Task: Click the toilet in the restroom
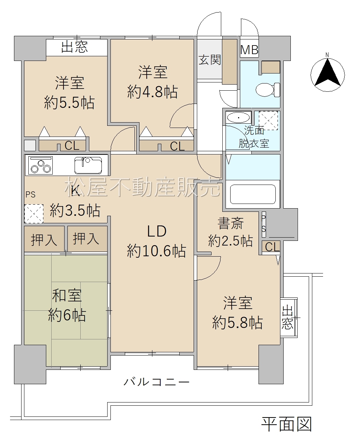coord(267,90)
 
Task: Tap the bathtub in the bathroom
coord(253,194)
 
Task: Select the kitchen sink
coord(88,165)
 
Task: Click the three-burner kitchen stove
coord(41,166)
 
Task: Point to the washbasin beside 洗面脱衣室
coord(238,118)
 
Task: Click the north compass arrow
coord(327,72)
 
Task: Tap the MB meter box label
coord(249,50)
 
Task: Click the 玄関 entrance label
coord(210,60)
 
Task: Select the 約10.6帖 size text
coord(156,251)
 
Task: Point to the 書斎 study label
coord(231,223)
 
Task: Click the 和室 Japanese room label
coord(67,296)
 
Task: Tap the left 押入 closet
coord(44,240)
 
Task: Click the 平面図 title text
coord(286,424)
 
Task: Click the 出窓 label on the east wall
coord(288,317)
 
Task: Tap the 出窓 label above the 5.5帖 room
coord(74,47)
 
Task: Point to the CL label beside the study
coord(272,247)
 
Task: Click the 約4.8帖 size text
coord(152,92)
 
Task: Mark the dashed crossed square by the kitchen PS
coord(34,214)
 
